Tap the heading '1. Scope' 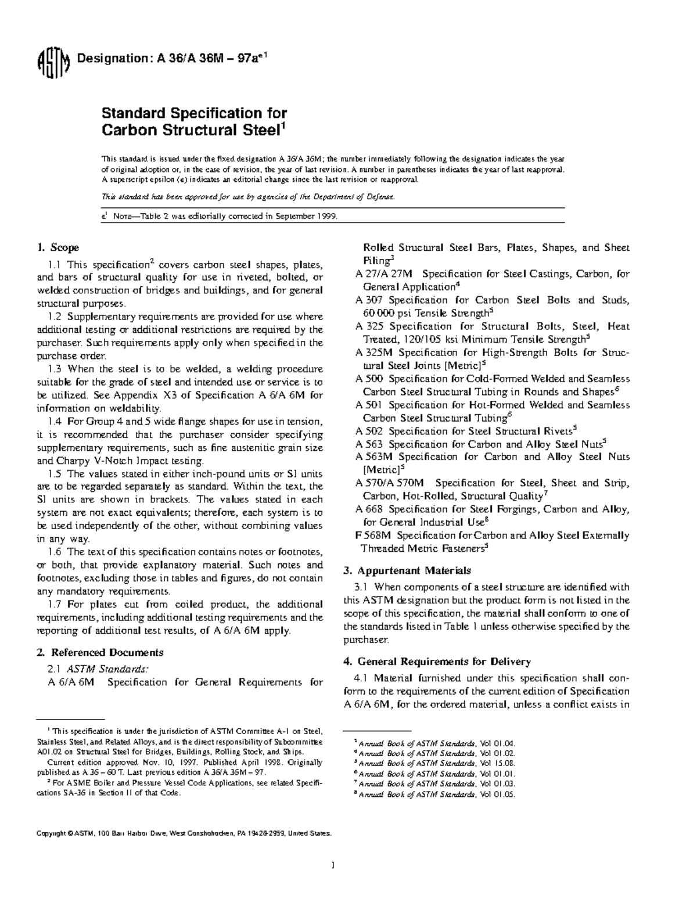click(x=58, y=248)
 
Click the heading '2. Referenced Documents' click(x=100, y=652)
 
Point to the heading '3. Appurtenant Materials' click(x=407, y=570)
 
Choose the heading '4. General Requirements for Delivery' click(x=437, y=662)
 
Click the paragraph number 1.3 click(x=55, y=369)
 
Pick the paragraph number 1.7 click(x=55, y=605)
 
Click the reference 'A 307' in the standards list click(x=369, y=300)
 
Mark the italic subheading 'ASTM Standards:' click(x=103, y=668)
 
